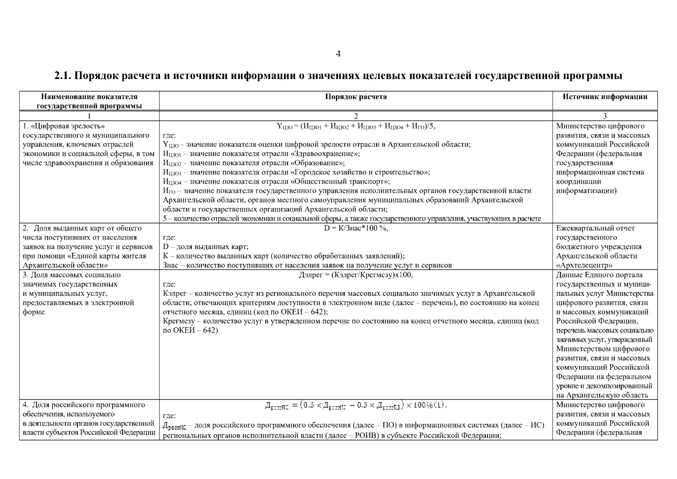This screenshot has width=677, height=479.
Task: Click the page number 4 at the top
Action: point(338,54)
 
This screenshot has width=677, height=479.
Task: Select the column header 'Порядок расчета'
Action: point(355,97)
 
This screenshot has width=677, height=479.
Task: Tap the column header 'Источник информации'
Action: point(605,97)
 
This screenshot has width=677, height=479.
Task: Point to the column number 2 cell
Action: point(355,116)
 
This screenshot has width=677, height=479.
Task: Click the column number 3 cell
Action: point(605,116)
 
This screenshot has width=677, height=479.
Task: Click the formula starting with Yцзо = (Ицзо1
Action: point(355,127)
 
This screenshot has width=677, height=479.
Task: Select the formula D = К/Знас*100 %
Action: point(355,228)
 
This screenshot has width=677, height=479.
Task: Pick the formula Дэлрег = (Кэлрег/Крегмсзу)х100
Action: point(355,275)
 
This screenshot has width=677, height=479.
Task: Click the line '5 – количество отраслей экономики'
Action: point(352,219)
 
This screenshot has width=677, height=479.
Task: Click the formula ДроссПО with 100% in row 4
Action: point(355,406)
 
